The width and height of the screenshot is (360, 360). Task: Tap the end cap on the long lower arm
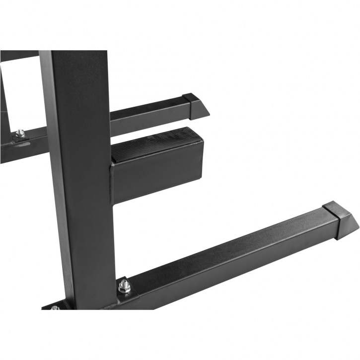[x=340, y=218]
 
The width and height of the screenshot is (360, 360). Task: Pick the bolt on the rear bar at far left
[x=20, y=133]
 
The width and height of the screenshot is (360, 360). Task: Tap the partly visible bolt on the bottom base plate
[x=55, y=308]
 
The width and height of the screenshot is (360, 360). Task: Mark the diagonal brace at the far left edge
[x=4, y=99]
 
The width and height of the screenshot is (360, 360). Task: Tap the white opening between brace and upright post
[x=25, y=94]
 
